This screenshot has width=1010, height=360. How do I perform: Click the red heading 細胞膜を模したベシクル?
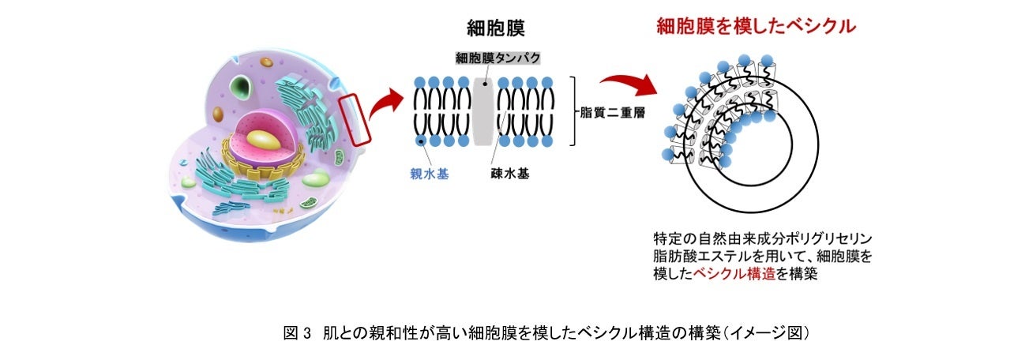point(756,27)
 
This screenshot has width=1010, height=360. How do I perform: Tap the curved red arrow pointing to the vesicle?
point(629,80)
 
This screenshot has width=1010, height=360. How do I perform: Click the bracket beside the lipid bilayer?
point(577,111)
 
